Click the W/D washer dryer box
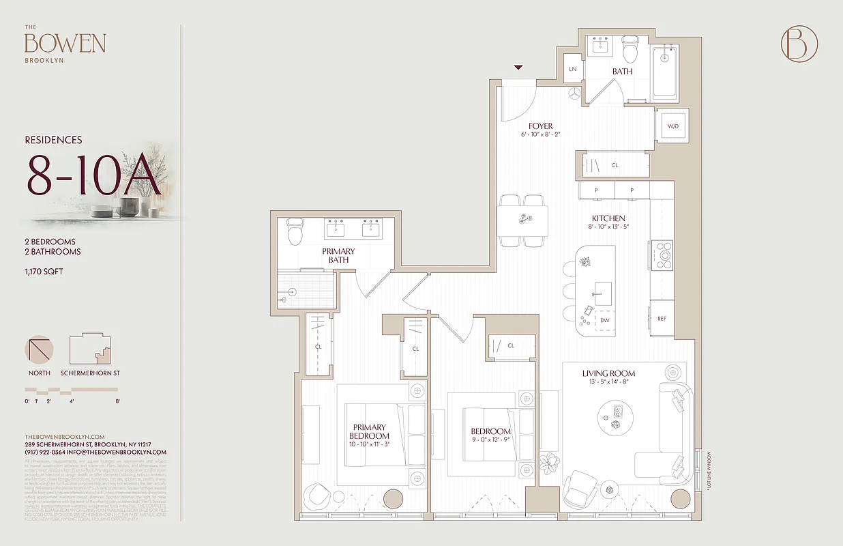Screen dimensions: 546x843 (x=673, y=126)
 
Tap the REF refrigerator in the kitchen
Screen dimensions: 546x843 (x=662, y=319)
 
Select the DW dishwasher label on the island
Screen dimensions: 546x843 (x=604, y=320)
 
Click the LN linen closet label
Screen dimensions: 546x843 (x=573, y=70)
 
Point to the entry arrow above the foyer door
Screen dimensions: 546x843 (x=518, y=68)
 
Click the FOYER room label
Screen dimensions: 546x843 (x=540, y=126)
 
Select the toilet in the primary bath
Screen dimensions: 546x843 (x=295, y=232)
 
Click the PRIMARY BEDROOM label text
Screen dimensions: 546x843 (x=370, y=431)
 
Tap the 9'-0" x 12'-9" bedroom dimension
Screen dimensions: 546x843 (x=490, y=440)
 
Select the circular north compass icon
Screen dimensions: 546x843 (x=39, y=349)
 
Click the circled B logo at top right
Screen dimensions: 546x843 (x=799, y=44)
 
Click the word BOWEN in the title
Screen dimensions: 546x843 (x=65, y=44)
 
